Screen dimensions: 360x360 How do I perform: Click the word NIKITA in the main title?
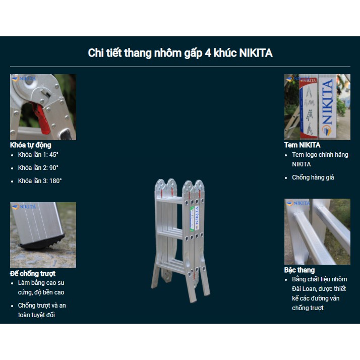tap(256, 53)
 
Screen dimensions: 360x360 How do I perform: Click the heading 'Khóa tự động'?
tap(31, 145)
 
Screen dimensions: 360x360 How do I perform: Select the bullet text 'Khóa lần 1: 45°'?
tap(38, 155)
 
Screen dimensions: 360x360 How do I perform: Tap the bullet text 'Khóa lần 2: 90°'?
tap(38, 168)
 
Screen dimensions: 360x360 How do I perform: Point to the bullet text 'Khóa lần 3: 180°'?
tap(40, 181)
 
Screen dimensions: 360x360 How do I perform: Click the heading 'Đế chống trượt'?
tap(33, 273)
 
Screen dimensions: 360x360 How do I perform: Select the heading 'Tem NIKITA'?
tap(302, 145)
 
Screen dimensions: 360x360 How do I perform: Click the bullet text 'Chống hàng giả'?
tap(313, 177)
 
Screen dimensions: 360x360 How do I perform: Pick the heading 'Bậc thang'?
tap(299, 270)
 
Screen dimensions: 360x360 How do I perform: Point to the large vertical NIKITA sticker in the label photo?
tap(328, 107)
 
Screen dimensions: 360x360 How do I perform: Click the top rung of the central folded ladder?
tap(169, 200)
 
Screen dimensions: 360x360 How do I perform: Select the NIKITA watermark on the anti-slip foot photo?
tap(24, 207)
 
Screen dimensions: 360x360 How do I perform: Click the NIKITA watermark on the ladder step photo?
tap(298, 203)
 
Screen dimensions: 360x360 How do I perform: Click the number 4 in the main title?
tap(208, 53)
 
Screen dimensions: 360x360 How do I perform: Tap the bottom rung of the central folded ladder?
tap(171, 266)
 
